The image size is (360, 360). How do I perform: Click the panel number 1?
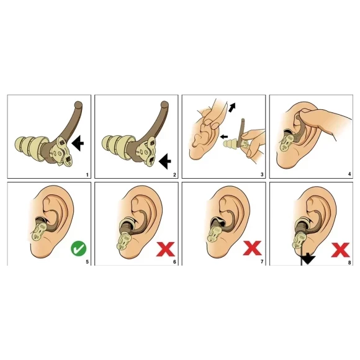[87, 175]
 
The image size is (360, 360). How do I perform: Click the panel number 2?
[174, 175]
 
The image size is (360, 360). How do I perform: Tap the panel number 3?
[262, 175]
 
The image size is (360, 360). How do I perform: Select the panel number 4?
[349, 174]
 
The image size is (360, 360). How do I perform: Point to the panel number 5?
[87, 262]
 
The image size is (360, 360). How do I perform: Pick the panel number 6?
[174, 262]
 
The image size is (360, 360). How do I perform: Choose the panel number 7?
[262, 262]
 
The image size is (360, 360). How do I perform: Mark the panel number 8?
[349, 263]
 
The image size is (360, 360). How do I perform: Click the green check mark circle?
[79, 248]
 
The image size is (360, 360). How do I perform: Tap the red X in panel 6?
[166, 249]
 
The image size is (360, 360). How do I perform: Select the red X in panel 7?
[253, 248]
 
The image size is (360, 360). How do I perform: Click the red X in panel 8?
[341, 250]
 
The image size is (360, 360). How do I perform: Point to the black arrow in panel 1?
[78, 143]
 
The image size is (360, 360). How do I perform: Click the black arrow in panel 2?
[165, 161]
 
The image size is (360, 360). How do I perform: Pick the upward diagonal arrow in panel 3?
[232, 107]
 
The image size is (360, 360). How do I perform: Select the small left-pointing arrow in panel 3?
[224, 137]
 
